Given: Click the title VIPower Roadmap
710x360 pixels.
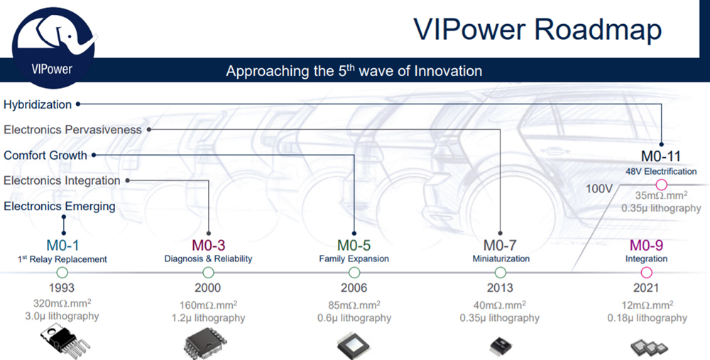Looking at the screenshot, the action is pyautogui.click(x=537, y=29).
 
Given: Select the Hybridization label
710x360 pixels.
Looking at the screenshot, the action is pyautogui.click(x=38, y=104).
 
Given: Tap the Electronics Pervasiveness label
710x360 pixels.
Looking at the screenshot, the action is pyautogui.click(x=72, y=130).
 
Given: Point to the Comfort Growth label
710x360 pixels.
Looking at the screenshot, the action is pyautogui.click(x=45, y=156).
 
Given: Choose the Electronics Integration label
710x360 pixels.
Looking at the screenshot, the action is pyautogui.click(x=62, y=180).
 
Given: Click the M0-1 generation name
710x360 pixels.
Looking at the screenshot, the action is pyautogui.click(x=62, y=246).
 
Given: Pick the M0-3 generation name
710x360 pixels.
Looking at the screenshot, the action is pyautogui.click(x=208, y=246).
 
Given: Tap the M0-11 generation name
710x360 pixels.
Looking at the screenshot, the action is pyautogui.click(x=661, y=156).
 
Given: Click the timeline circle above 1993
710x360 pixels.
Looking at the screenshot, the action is pyautogui.click(x=62, y=273).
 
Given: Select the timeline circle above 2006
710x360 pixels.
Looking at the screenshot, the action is pyautogui.click(x=354, y=273).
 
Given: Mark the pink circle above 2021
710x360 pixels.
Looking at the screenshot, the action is pyautogui.click(x=647, y=273).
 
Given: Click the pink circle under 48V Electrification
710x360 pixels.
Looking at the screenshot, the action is pyautogui.click(x=662, y=185).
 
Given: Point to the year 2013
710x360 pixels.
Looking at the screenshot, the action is pyautogui.click(x=500, y=288).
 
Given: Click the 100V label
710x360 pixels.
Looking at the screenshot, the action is pyautogui.click(x=599, y=189).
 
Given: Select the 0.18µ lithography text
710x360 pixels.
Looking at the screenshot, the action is pyautogui.click(x=647, y=318).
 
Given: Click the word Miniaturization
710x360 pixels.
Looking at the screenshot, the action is pyautogui.click(x=501, y=259).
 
